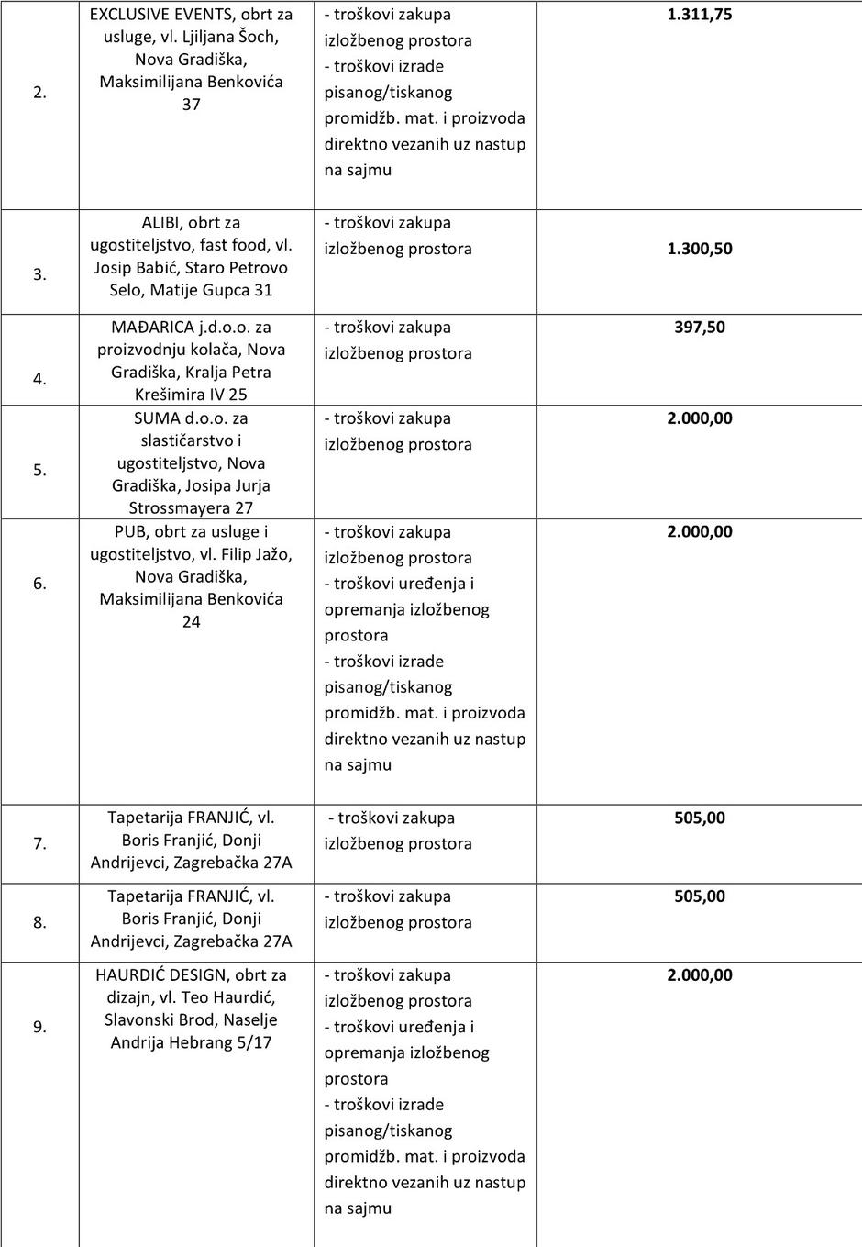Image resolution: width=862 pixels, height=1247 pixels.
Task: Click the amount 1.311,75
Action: pyautogui.click(x=699, y=15)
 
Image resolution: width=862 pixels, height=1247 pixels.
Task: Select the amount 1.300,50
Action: pyautogui.click(x=699, y=249)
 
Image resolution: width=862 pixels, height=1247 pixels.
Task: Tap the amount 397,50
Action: pyautogui.click(x=699, y=328)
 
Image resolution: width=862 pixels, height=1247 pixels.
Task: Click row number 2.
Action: pyautogui.click(x=39, y=92)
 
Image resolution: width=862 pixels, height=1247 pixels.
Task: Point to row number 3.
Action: pyautogui.click(x=39, y=274)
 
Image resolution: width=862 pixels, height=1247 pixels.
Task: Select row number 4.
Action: pyautogui.click(x=39, y=379)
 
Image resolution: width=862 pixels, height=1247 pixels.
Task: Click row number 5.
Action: pyautogui.click(x=39, y=470)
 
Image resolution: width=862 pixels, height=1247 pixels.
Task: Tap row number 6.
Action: pyautogui.click(x=39, y=584)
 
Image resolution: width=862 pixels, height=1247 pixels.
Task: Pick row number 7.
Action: pyautogui.click(x=39, y=843)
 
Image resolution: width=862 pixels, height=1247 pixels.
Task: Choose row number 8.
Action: pyautogui.click(x=39, y=922)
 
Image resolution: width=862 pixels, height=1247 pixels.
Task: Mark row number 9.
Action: pyautogui.click(x=39, y=1027)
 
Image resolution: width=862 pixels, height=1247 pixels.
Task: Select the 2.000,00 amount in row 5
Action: pyautogui.click(x=699, y=418)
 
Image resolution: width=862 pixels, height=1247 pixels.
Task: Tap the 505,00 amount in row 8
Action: pyautogui.click(x=699, y=896)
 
